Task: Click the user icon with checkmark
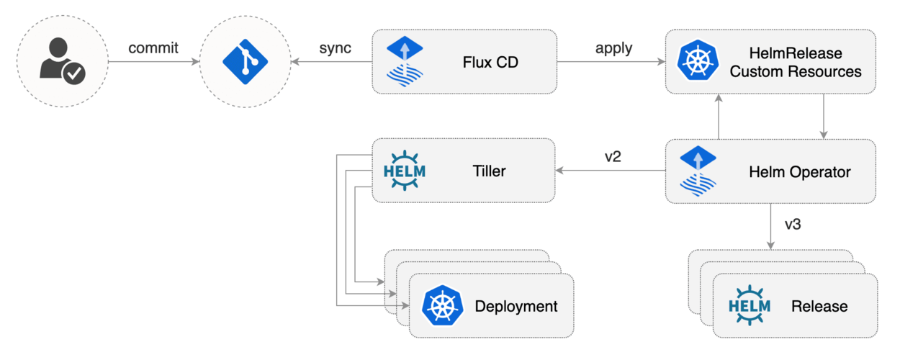tap(62, 61)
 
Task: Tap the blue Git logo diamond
tap(245, 61)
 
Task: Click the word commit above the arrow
tap(153, 48)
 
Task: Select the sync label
tap(335, 48)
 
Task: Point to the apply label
tap(613, 49)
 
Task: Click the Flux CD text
tap(490, 62)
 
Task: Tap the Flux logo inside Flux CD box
tap(405, 61)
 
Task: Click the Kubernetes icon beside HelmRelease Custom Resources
tap(698, 60)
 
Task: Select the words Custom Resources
tap(796, 71)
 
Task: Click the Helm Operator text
tap(799, 172)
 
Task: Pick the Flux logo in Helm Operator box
tap(698, 171)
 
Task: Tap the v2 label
tap(613, 156)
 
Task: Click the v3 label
tap(793, 224)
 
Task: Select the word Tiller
tap(489, 171)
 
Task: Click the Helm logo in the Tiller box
tap(405, 171)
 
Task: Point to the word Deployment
tap(516, 306)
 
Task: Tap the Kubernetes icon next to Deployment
tap(442, 305)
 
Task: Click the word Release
tap(819, 306)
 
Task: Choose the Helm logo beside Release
tap(750, 305)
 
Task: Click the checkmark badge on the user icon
tap(74, 73)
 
